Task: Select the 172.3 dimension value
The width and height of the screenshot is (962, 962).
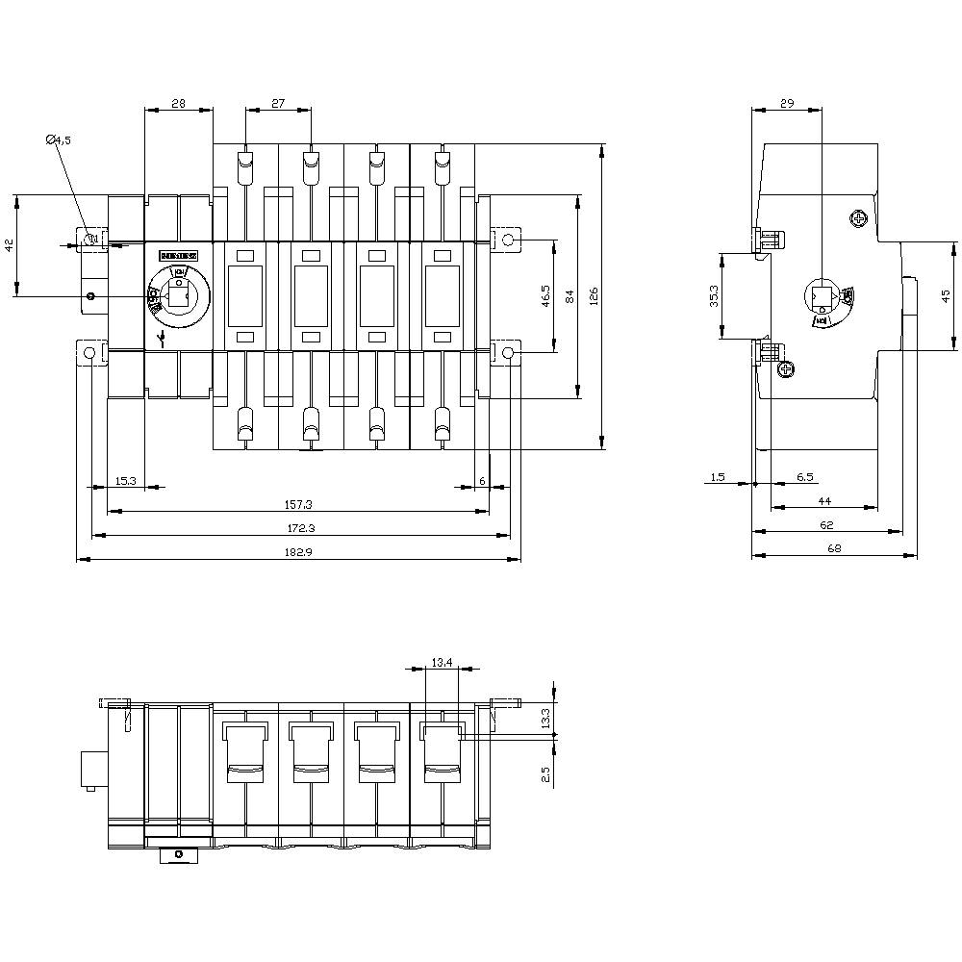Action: click(x=298, y=527)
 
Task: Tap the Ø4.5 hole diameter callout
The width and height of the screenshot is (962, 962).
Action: click(x=59, y=140)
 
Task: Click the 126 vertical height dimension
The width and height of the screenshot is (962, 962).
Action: click(x=594, y=296)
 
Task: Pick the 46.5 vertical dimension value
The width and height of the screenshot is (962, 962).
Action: click(x=545, y=296)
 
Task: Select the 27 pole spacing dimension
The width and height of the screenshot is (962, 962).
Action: click(x=277, y=102)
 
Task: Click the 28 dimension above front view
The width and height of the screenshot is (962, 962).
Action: click(x=178, y=102)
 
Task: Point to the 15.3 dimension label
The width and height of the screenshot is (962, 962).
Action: click(x=126, y=479)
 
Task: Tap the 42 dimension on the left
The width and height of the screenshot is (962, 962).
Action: click(x=10, y=246)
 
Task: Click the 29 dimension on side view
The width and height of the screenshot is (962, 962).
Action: click(x=786, y=102)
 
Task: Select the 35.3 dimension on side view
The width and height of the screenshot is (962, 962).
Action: click(x=713, y=295)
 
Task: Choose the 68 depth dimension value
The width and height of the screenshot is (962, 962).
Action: click(x=833, y=548)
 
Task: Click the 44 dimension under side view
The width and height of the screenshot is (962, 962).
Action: click(x=824, y=501)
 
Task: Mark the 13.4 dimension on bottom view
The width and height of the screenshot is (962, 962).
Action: click(x=443, y=661)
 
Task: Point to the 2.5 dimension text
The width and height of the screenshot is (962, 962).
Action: click(x=545, y=773)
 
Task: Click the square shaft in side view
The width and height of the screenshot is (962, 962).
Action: click(x=823, y=295)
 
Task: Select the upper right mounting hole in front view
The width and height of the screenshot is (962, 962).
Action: click(x=507, y=239)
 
